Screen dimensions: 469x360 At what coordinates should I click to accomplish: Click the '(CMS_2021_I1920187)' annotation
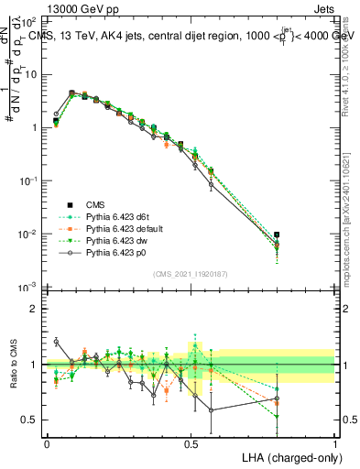click(x=191, y=274)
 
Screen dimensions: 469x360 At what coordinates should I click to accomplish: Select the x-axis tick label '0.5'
click(x=191, y=442)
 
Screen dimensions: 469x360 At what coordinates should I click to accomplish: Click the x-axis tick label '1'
click(x=334, y=442)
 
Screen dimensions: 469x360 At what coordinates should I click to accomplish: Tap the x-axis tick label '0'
click(x=47, y=442)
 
